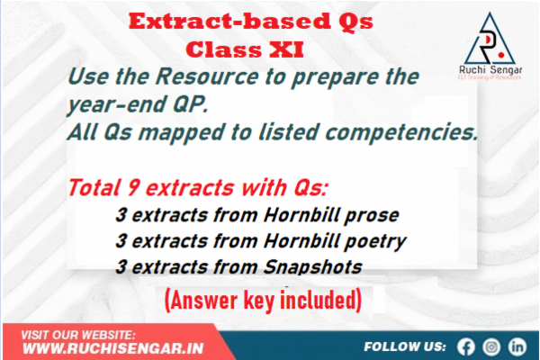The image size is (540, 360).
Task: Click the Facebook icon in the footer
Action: (465, 346)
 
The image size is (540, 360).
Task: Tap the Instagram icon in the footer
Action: (491, 346)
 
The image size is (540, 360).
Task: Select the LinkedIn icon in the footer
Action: (517, 346)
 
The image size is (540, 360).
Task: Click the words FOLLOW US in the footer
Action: (405, 346)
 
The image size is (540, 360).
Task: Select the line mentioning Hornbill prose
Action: (256, 217)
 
